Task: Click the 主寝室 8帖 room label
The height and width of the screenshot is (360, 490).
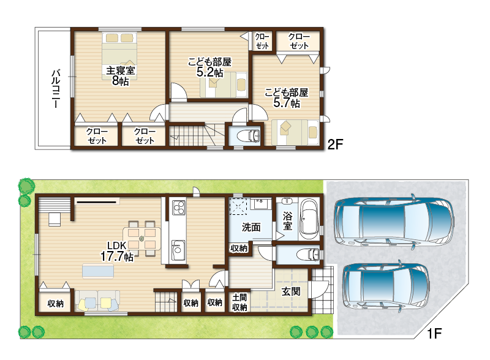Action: pyautogui.click(x=120, y=76)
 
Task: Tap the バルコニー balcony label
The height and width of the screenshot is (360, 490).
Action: pyautogui.click(x=56, y=89)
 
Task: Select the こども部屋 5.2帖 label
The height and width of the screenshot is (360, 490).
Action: pyautogui.click(x=209, y=67)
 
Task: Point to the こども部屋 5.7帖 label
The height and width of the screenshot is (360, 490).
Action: pyautogui.click(x=287, y=98)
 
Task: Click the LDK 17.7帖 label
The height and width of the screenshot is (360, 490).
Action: pyautogui.click(x=117, y=251)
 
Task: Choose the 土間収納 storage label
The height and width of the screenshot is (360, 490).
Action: pyautogui.click(x=239, y=302)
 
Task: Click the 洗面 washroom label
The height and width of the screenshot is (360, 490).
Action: pyautogui.click(x=251, y=227)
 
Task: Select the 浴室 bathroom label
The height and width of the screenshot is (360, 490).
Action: pyautogui.click(x=287, y=221)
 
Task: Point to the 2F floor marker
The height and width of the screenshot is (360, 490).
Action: pyautogui.click(x=335, y=144)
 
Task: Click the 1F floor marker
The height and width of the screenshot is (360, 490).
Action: pyautogui.click(x=434, y=334)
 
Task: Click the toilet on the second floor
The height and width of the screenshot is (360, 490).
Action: pyautogui.click(x=249, y=136)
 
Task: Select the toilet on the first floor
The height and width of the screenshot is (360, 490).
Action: pyautogui.click(x=308, y=254)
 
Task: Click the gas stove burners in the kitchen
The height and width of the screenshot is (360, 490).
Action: pyautogui.click(x=178, y=208)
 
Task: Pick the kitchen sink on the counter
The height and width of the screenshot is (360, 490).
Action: pyautogui.click(x=178, y=250)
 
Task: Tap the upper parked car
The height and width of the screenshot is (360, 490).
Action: pyautogui.click(x=394, y=221)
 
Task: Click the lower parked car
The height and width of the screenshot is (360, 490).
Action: pyautogui.click(x=386, y=287)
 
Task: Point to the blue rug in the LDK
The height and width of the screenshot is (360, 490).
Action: pyautogui.click(x=98, y=271)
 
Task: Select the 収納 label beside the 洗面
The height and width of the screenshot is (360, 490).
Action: pyautogui.click(x=239, y=248)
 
